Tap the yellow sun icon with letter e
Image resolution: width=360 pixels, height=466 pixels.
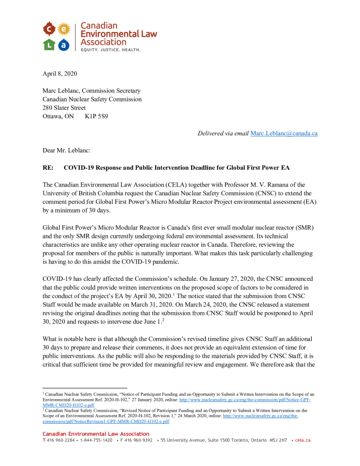(65, 29)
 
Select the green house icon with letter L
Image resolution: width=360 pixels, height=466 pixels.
(49, 44)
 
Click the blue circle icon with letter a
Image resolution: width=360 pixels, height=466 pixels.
(64, 44)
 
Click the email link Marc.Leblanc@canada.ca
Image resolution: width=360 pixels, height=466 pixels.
(284, 133)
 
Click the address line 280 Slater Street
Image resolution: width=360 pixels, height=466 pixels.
(64, 108)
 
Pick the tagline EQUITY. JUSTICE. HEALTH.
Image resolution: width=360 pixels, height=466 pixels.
(110, 49)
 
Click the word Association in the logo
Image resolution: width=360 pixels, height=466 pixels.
(103, 42)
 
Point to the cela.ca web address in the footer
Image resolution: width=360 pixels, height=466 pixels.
(303, 440)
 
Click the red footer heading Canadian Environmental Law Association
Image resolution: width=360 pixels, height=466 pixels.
(96, 434)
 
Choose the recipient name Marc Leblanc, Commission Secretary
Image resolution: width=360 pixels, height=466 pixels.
(91, 91)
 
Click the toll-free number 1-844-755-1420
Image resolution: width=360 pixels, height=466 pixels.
(96, 440)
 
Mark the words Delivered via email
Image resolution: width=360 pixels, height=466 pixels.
(223, 133)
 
